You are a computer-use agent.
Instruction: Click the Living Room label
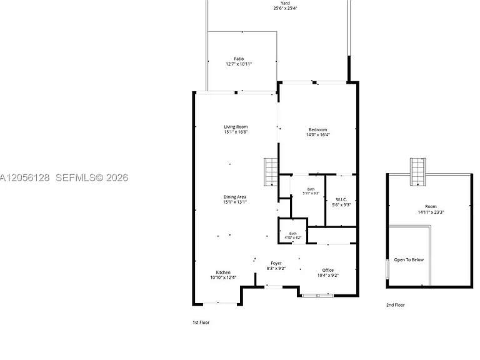coord(236,127)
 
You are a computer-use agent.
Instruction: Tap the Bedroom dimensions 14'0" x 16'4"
coord(317,135)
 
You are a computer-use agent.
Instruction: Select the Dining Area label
coord(235,197)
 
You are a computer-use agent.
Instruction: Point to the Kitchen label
coord(223,272)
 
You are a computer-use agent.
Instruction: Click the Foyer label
coord(276,263)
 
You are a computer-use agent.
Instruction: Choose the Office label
coord(328,270)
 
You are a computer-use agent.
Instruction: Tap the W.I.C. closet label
coord(341,199)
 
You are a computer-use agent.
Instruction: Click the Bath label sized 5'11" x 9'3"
coord(311,189)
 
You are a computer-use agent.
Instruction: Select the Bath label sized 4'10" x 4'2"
coord(293,234)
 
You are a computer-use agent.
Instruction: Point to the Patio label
coord(239,59)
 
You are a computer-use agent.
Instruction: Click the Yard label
coord(285,3)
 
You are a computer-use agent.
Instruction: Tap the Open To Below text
coord(409,259)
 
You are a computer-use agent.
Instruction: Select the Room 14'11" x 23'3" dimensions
coord(431,212)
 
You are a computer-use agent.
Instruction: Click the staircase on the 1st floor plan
coord(271,172)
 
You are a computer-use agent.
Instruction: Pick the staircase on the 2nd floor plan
coord(418,172)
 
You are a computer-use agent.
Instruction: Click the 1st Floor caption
coord(201,322)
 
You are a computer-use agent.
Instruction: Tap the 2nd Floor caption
coord(395,305)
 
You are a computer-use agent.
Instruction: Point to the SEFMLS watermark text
coord(91,177)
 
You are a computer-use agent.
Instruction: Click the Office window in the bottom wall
coord(317,296)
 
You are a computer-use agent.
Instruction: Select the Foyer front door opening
coord(274,287)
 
